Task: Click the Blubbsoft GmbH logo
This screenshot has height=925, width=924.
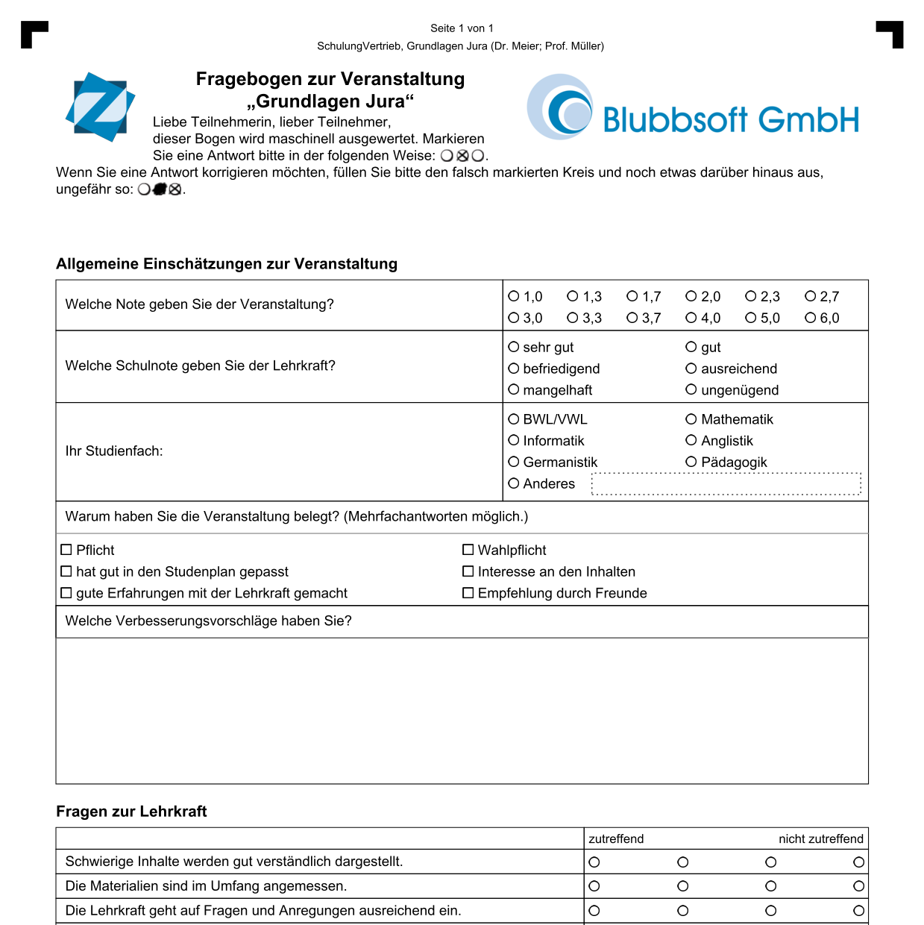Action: pos(694,109)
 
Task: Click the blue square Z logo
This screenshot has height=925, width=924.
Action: pos(100,107)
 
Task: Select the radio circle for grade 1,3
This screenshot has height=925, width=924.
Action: pos(573,296)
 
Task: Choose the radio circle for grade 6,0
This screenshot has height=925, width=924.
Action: pos(810,318)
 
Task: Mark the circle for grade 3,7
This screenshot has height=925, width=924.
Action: pos(632,318)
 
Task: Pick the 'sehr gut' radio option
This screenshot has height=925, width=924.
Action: pos(514,347)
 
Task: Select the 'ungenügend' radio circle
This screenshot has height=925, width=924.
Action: pos(691,389)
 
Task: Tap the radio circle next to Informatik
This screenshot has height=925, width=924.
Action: pos(514,440)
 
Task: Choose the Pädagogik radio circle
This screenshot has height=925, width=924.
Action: pos(691,462)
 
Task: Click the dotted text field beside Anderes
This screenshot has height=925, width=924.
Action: pos(726,483)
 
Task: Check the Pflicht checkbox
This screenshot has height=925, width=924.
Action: pos(66,550)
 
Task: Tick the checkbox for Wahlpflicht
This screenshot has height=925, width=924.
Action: pos(468,550)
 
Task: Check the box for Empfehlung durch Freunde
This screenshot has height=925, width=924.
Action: pos(468,593)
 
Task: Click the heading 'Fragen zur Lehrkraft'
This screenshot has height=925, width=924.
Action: pos(131,812)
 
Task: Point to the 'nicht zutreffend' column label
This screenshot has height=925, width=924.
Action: pos(820,838)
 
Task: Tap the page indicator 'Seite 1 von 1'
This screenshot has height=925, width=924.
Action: pos(462,28)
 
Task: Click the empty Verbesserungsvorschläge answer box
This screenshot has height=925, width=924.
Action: pos(462,710)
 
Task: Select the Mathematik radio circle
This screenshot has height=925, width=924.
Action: pos(691,419)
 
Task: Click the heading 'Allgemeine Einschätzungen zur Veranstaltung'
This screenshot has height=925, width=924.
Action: pos(227,264)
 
